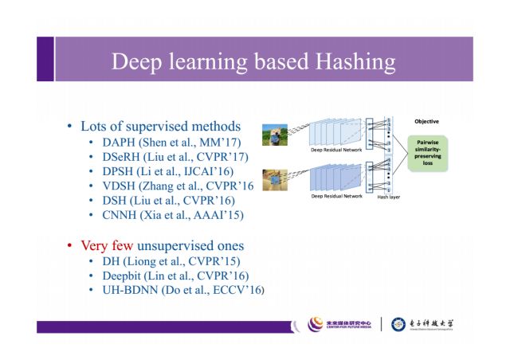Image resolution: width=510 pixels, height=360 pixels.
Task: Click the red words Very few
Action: (x=107, y=245)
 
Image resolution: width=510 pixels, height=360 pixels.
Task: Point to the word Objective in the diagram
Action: (x=426, y=121)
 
